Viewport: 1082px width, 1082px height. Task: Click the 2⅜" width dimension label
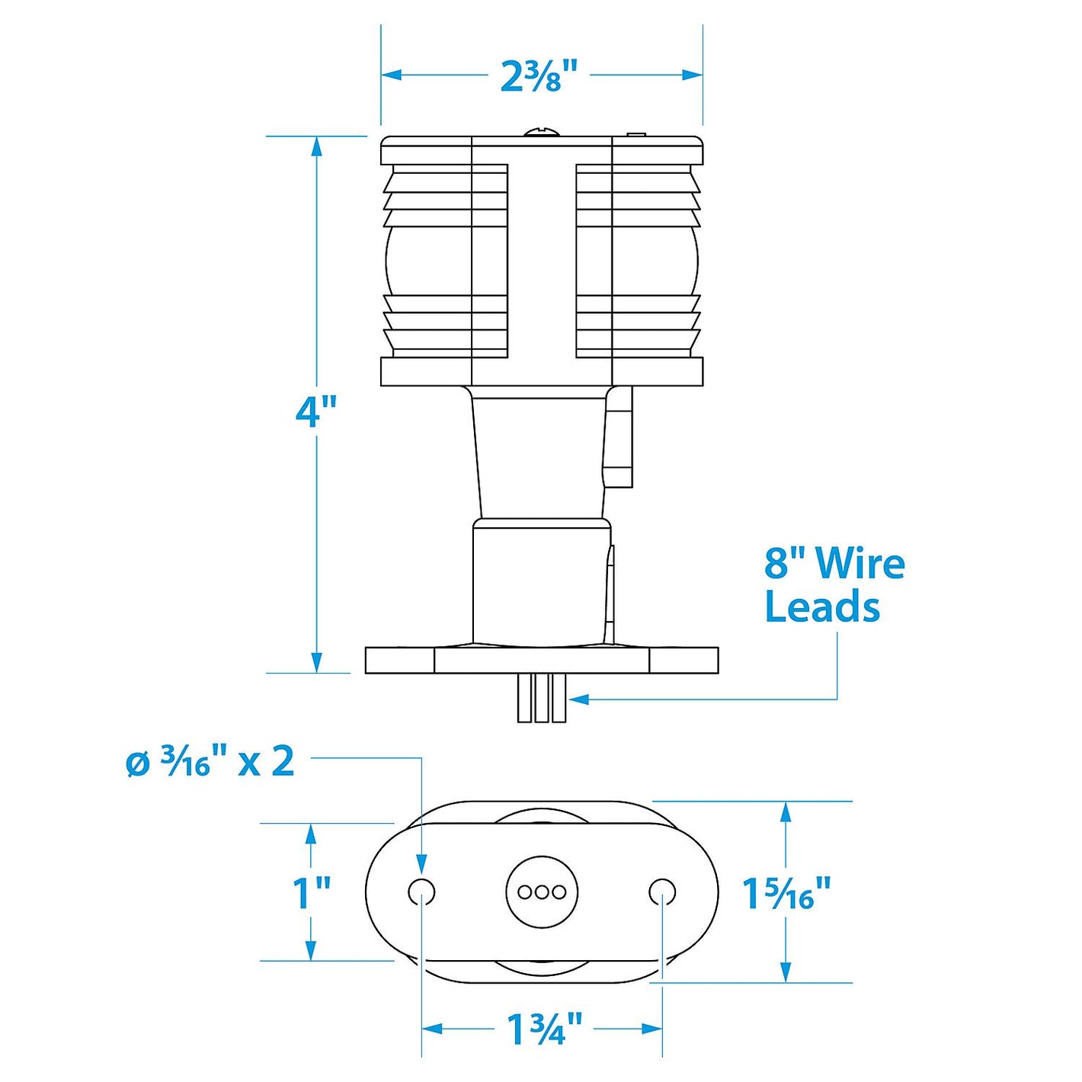coord(539,76)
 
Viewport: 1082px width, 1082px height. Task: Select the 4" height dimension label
coord(315,411)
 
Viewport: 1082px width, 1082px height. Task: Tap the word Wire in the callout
coord(860,564)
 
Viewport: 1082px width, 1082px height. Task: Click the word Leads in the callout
coord(821,607)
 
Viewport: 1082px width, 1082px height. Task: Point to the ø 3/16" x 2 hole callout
coord(210,761)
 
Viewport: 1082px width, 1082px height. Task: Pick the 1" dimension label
coord(311,893)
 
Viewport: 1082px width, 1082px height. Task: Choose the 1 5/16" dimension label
coord(786,893)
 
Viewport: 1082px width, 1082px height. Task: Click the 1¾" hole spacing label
coord(543,1029)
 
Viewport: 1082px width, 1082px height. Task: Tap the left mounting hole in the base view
coord(421,892)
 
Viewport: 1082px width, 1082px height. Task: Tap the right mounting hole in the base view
coord(661,892)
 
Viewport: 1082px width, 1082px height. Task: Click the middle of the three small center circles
coord(542,892)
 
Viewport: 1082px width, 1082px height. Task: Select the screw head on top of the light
coord(542,133)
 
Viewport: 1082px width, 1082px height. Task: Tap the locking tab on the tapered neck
coord(618,438)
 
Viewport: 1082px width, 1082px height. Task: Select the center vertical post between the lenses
coord(542,259)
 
